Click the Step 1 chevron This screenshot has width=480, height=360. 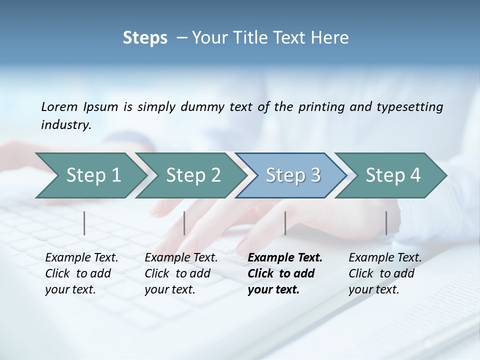(x=93, y=175)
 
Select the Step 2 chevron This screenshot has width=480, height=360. (x=193, y=175)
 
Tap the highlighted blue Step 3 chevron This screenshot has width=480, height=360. (x=292, y=175)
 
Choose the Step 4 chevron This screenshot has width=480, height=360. (x=392, y=175)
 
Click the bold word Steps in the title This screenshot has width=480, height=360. (x=145, y=38)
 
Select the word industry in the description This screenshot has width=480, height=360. (x=66, y=125)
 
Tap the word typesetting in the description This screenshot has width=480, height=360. (x=414, y=106)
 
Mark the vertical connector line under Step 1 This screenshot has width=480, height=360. (x=84, y=223)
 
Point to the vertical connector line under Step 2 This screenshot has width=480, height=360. (x=184, y=223)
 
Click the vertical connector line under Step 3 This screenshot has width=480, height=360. (x=285, y=223)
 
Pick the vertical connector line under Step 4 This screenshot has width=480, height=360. (x=386, y=223)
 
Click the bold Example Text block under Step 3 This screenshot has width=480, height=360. (x=284, y=273)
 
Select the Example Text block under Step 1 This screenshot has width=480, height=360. (x=81, y=273)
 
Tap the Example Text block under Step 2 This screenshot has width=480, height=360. (x=181, y=273)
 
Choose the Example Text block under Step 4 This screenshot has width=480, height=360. (x=385, y=273)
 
